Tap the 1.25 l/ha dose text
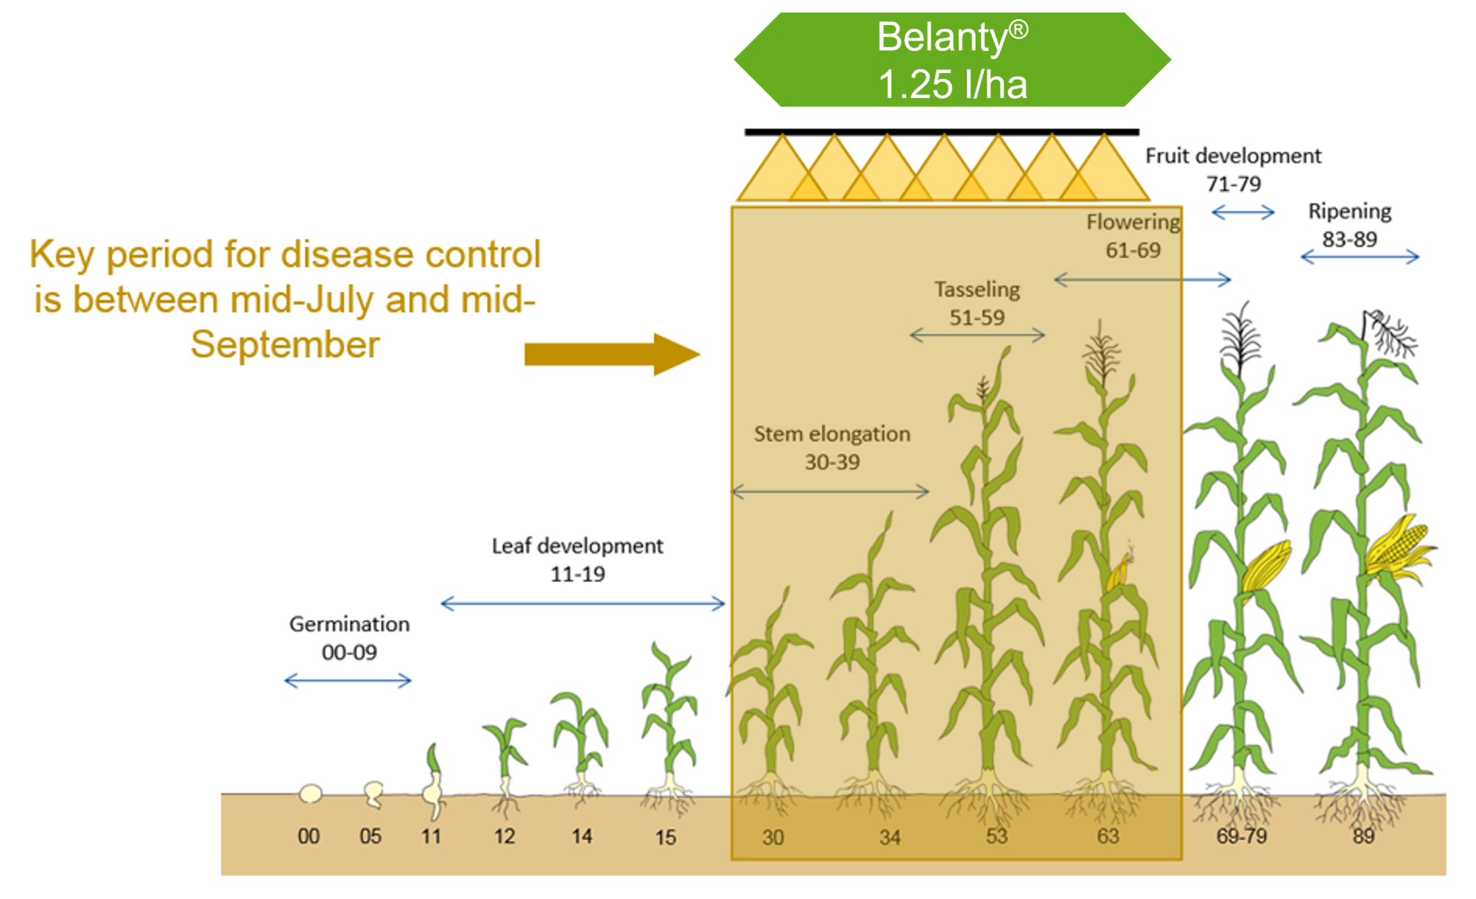coord(952,84)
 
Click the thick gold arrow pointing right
coord(612,355)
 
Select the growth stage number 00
coord(308,836)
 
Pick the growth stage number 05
coord(370,836)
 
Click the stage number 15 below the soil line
coord(666,837)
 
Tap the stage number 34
coord(890,837)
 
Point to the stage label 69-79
coord(1242,836)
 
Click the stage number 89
coord(1364,836)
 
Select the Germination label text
coord(349,625)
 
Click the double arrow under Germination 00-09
coord(348,680)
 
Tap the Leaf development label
coord(577,546)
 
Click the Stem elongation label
coord(832,434)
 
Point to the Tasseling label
coord(977,290)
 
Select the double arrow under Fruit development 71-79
coord(1244,212)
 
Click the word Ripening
coord(1350,212)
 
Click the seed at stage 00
coord(311,794)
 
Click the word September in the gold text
coord(285,344)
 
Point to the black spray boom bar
coord(942,132)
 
